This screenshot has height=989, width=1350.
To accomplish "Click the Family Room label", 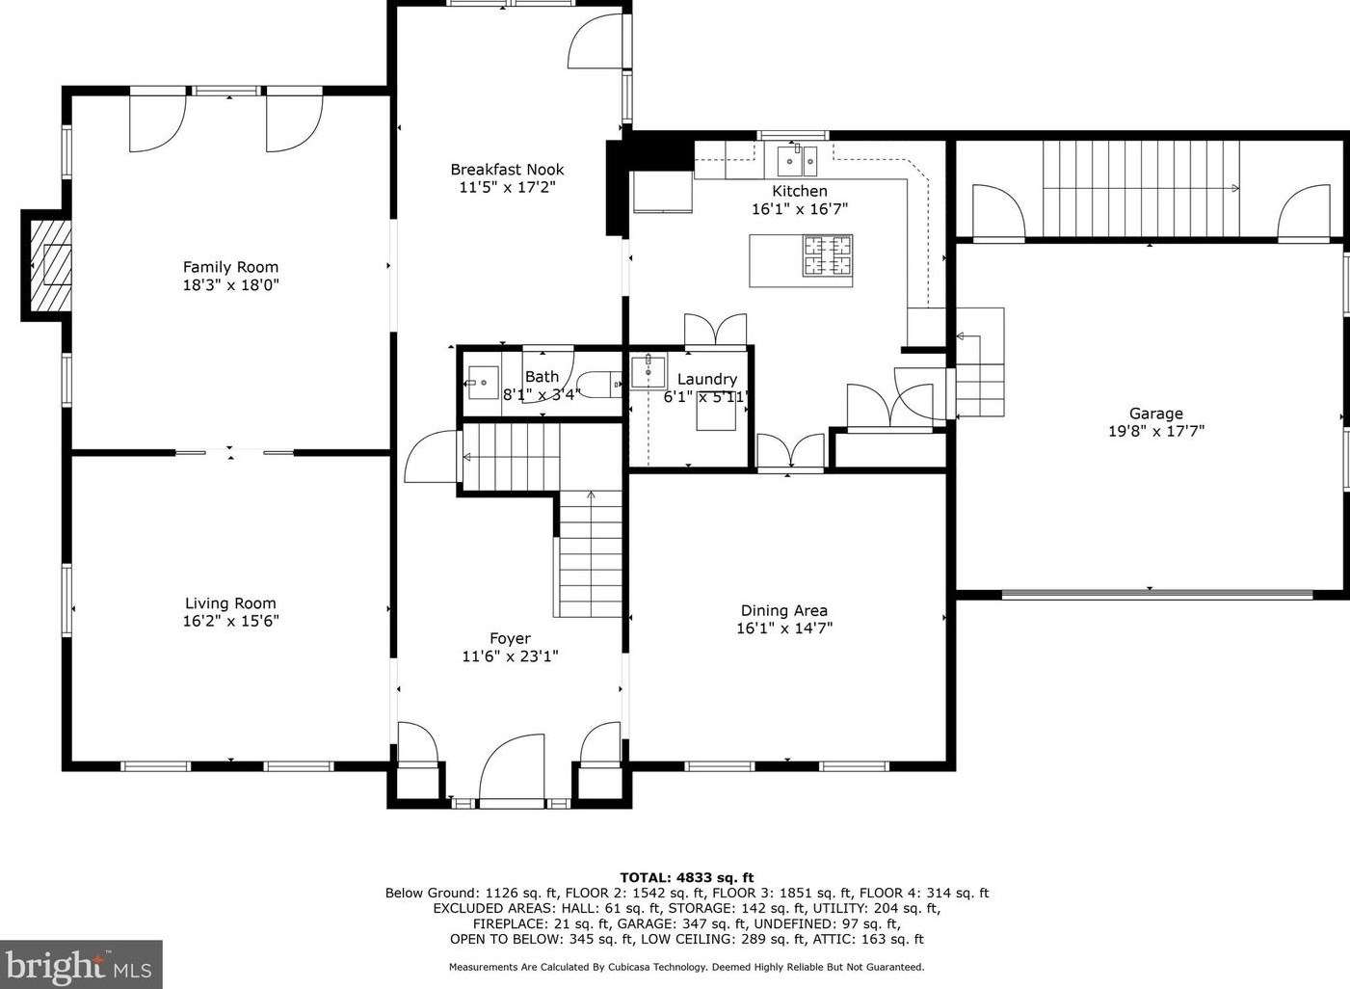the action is point(230,267).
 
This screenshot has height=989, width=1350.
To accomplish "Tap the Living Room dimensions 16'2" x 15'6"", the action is point(231,621).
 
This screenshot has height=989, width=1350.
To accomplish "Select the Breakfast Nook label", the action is point(507,170).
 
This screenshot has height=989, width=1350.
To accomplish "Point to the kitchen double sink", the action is point(797,160).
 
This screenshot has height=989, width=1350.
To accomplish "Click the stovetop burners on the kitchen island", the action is point(828,255).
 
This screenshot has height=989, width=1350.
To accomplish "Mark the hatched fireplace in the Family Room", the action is point(51,265).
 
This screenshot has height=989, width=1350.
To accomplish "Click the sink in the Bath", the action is point(484,383).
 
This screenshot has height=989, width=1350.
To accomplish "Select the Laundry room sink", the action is point(648,372).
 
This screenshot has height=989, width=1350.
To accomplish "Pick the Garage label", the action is point(1155,414).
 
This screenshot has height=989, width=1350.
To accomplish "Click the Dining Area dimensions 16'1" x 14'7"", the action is point(784,628).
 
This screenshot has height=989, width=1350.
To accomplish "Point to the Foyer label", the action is point(510,638).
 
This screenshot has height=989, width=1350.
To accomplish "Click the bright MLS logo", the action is point(81,965).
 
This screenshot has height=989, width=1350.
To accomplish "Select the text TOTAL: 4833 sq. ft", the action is point(686,877).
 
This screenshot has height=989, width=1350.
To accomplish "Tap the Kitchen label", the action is point(799,191).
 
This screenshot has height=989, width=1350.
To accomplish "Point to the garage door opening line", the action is point(1157,594).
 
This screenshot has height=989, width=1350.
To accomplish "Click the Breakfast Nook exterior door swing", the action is point(596,42).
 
